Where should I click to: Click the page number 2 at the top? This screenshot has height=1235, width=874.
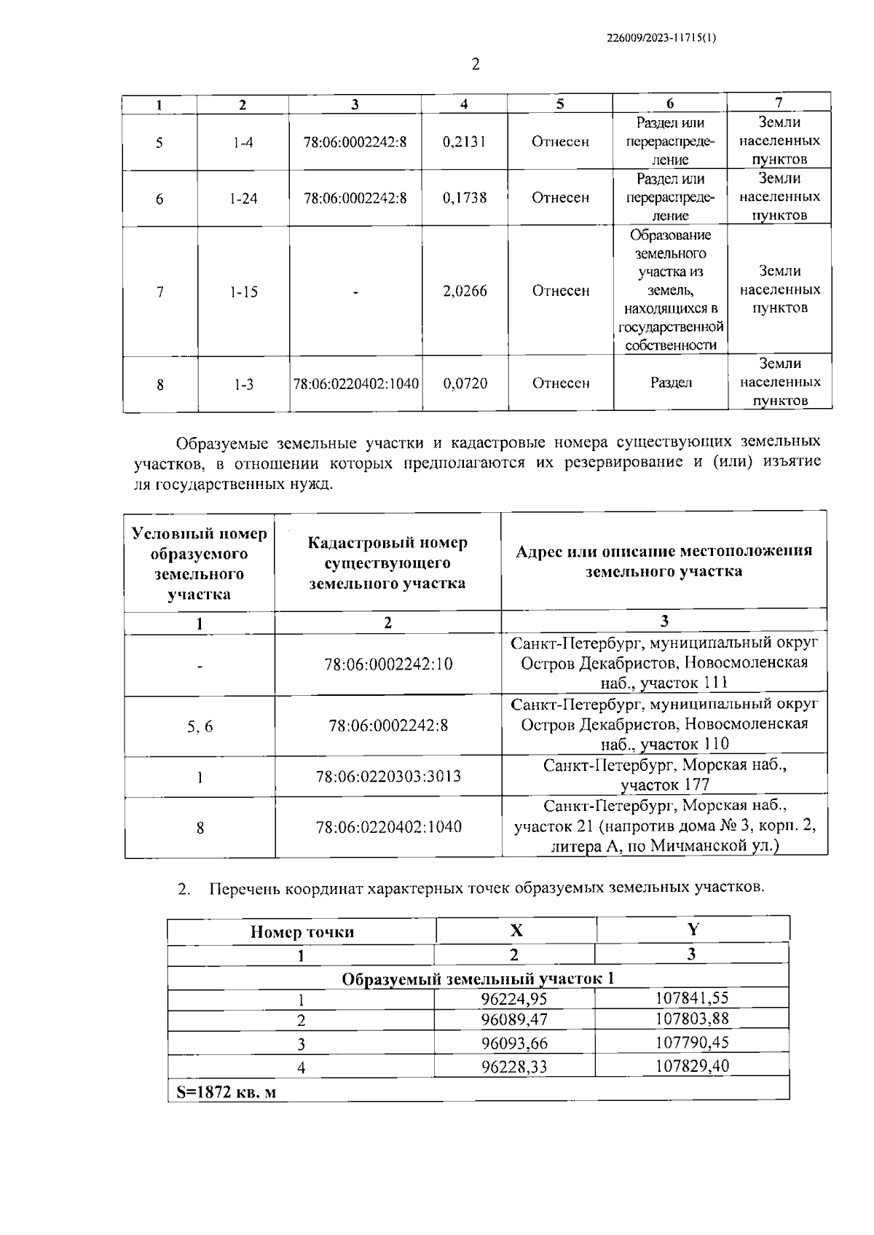pos(476,65)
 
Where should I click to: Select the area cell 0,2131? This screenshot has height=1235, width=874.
pos(464,141)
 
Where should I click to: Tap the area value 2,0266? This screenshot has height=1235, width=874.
pos(465,291)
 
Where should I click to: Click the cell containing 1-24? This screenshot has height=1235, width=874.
pos(243,198)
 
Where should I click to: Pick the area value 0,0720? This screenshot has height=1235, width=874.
pos(465,383)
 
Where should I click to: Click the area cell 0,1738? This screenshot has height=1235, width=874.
pos(464,197)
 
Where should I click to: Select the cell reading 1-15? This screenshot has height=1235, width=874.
pos(243,292)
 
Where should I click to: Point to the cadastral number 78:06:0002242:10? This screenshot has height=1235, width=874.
pos(388,664)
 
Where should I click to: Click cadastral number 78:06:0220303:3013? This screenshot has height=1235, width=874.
pos(388,777)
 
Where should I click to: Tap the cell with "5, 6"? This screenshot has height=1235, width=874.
pos(200,726)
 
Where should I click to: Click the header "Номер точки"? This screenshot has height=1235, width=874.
pos(302,932)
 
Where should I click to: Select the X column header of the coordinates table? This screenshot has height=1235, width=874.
pos(516,930)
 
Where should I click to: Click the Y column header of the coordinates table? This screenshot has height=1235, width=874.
pos(693,930)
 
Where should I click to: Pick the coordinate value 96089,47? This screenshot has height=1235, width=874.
pos(514,1019)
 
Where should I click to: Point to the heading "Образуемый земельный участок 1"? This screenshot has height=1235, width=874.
pos(478,978)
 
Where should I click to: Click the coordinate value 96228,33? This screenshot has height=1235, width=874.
pos(514,1067)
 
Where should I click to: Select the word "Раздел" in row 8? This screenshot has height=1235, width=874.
pos(670,383)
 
